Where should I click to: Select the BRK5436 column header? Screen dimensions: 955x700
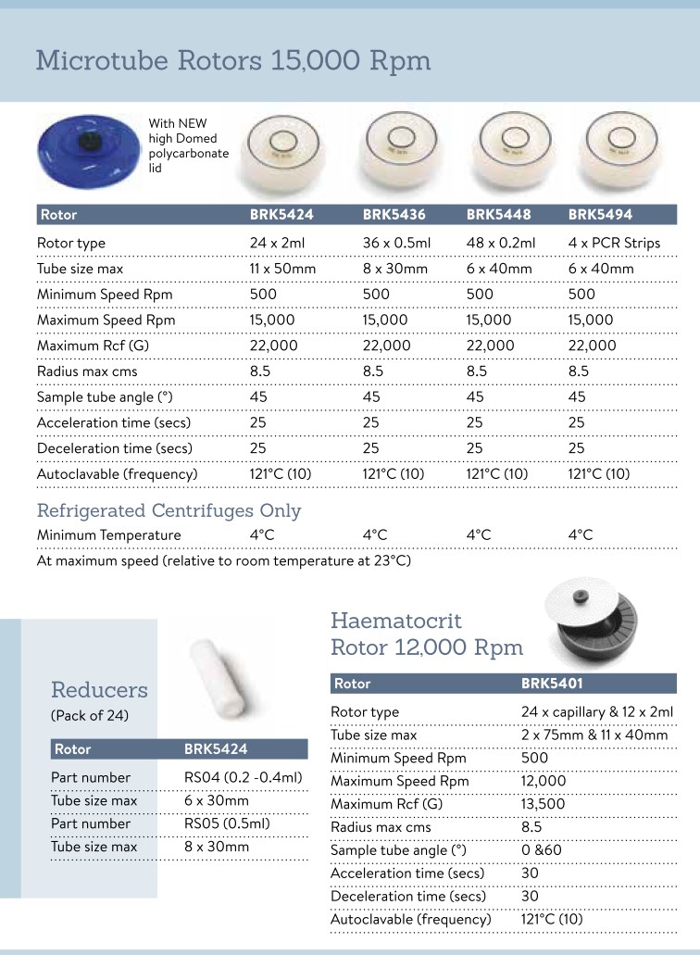pos(394,215)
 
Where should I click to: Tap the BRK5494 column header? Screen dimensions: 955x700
pos(600,215)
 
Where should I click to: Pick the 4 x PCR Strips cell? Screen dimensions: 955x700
pos(614,243)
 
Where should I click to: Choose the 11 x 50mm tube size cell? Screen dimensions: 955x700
pos(282,269)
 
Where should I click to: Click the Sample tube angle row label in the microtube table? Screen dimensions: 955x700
pos(106,396)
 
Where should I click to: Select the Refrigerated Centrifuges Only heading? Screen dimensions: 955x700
pos(169,510)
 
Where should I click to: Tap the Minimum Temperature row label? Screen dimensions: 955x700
pos(109,534)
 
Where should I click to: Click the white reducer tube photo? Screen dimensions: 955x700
pos(219,676)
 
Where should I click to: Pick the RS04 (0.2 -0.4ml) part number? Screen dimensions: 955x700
pos(244,777)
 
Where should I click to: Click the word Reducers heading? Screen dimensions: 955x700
pos(99,690)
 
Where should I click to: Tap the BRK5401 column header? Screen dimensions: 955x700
pos(553,684)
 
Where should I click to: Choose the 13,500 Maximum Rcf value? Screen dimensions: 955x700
pos(544,804)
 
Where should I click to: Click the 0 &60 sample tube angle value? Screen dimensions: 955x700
pos(542,850)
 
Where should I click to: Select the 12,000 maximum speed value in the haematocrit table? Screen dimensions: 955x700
pos(544,781)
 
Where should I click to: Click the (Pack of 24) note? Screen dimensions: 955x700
pos(89,715)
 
